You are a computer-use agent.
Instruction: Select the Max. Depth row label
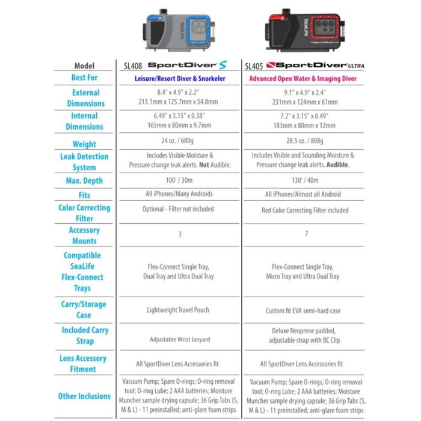pos(84,180)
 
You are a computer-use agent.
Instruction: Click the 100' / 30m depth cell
pos(179,180)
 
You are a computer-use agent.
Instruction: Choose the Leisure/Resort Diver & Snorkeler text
pos(179,78)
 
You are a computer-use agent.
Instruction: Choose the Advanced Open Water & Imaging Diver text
pos(303,78)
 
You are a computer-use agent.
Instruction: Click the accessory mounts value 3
pos(179,234)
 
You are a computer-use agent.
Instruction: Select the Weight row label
pos(84,144)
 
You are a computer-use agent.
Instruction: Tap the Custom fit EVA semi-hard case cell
pos(303,310)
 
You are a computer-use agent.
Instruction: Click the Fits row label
pos(84,195)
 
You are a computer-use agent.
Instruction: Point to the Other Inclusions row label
pos(84,396)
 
